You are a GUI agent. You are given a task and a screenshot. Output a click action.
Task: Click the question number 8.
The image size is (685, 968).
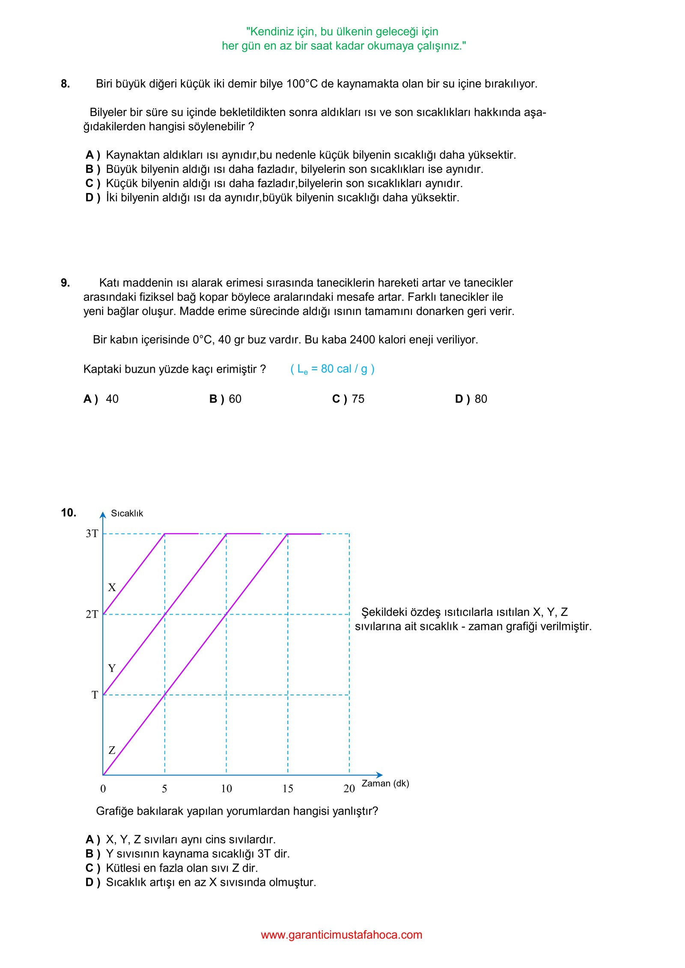[65, 84]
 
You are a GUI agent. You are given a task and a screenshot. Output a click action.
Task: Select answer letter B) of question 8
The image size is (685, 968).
[92, 169]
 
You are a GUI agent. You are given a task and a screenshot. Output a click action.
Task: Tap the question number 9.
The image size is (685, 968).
[65, 283]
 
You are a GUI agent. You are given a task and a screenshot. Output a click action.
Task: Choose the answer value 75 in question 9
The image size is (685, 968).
[358, 399]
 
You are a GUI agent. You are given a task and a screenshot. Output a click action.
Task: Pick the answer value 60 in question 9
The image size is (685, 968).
[235, 399]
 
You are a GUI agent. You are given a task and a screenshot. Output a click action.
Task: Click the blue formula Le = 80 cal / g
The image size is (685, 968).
[332, 369]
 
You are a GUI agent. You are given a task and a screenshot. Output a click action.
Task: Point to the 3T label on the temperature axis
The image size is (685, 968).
[92, 534]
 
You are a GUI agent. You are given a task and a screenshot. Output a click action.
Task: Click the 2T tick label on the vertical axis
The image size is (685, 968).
[92, 615]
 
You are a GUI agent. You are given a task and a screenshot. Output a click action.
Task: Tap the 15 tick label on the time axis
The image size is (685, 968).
[288, 789]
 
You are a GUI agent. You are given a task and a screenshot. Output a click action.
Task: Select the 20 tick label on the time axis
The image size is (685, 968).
[349, 789]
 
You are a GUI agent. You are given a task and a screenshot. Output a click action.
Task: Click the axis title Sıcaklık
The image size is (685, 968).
[127, 514]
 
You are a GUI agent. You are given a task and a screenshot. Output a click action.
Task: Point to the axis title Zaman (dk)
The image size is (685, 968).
[385, 784]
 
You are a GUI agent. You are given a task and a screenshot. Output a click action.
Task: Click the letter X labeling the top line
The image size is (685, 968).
[112, 588]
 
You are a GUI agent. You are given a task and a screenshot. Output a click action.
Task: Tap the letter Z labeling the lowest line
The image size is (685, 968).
[112, 750]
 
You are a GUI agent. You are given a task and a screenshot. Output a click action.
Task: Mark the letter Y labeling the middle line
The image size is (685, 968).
[112, 668]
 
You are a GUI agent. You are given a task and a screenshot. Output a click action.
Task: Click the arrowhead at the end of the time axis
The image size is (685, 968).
[380, 775]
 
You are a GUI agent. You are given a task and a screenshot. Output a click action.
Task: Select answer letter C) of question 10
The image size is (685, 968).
[92, 868]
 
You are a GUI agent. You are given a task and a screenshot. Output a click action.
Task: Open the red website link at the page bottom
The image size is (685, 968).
[342, 935]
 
